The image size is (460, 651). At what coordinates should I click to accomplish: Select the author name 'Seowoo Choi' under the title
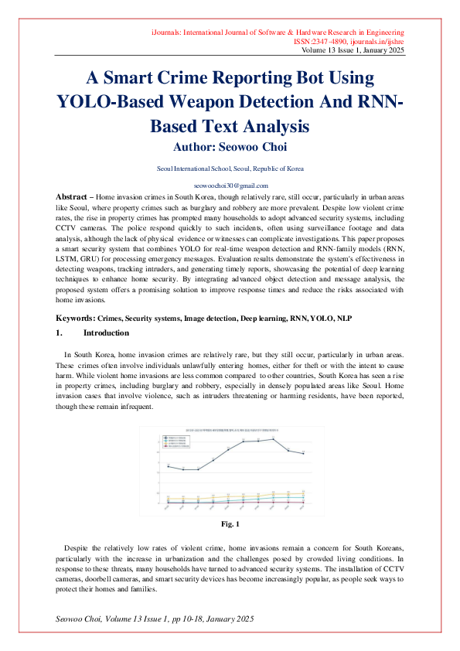253,145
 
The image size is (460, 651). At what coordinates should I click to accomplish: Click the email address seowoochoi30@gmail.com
230,186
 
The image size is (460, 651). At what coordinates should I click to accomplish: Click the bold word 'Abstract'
75,197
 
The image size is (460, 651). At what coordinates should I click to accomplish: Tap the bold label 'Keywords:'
76,318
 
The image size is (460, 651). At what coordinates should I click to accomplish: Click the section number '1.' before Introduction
59,332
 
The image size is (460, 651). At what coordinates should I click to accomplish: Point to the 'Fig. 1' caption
230,525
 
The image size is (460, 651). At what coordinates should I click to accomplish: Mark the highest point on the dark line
273,438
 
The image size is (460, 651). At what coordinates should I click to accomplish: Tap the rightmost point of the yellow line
302,493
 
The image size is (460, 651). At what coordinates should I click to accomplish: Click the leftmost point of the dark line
169,466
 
